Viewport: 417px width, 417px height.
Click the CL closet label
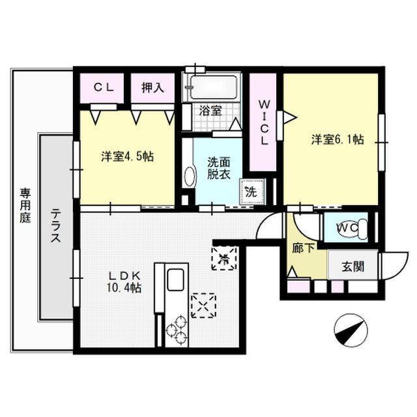[104, 88]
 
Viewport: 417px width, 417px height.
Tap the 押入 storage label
[152, 88]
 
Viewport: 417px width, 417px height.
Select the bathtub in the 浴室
[214, 87]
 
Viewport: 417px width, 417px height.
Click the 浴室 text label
[210, 111]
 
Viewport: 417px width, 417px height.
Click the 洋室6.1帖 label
[338, 139]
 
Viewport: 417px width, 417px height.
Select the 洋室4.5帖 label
[128, 156]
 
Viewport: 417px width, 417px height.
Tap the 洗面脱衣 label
[219, 168]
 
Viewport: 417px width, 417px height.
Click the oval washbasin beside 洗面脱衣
[190, 177]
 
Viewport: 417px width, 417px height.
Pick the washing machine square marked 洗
[252, 191]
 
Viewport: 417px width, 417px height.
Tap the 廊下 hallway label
[303, 248]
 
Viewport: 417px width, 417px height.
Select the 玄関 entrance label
[353, 266]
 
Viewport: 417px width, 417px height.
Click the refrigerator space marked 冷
[224, 258]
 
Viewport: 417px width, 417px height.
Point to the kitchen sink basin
[175, 280]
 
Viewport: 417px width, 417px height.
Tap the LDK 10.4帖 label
[124, 281]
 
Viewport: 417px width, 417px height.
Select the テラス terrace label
[55, 226]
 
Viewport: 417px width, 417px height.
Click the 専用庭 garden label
[25, 205]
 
